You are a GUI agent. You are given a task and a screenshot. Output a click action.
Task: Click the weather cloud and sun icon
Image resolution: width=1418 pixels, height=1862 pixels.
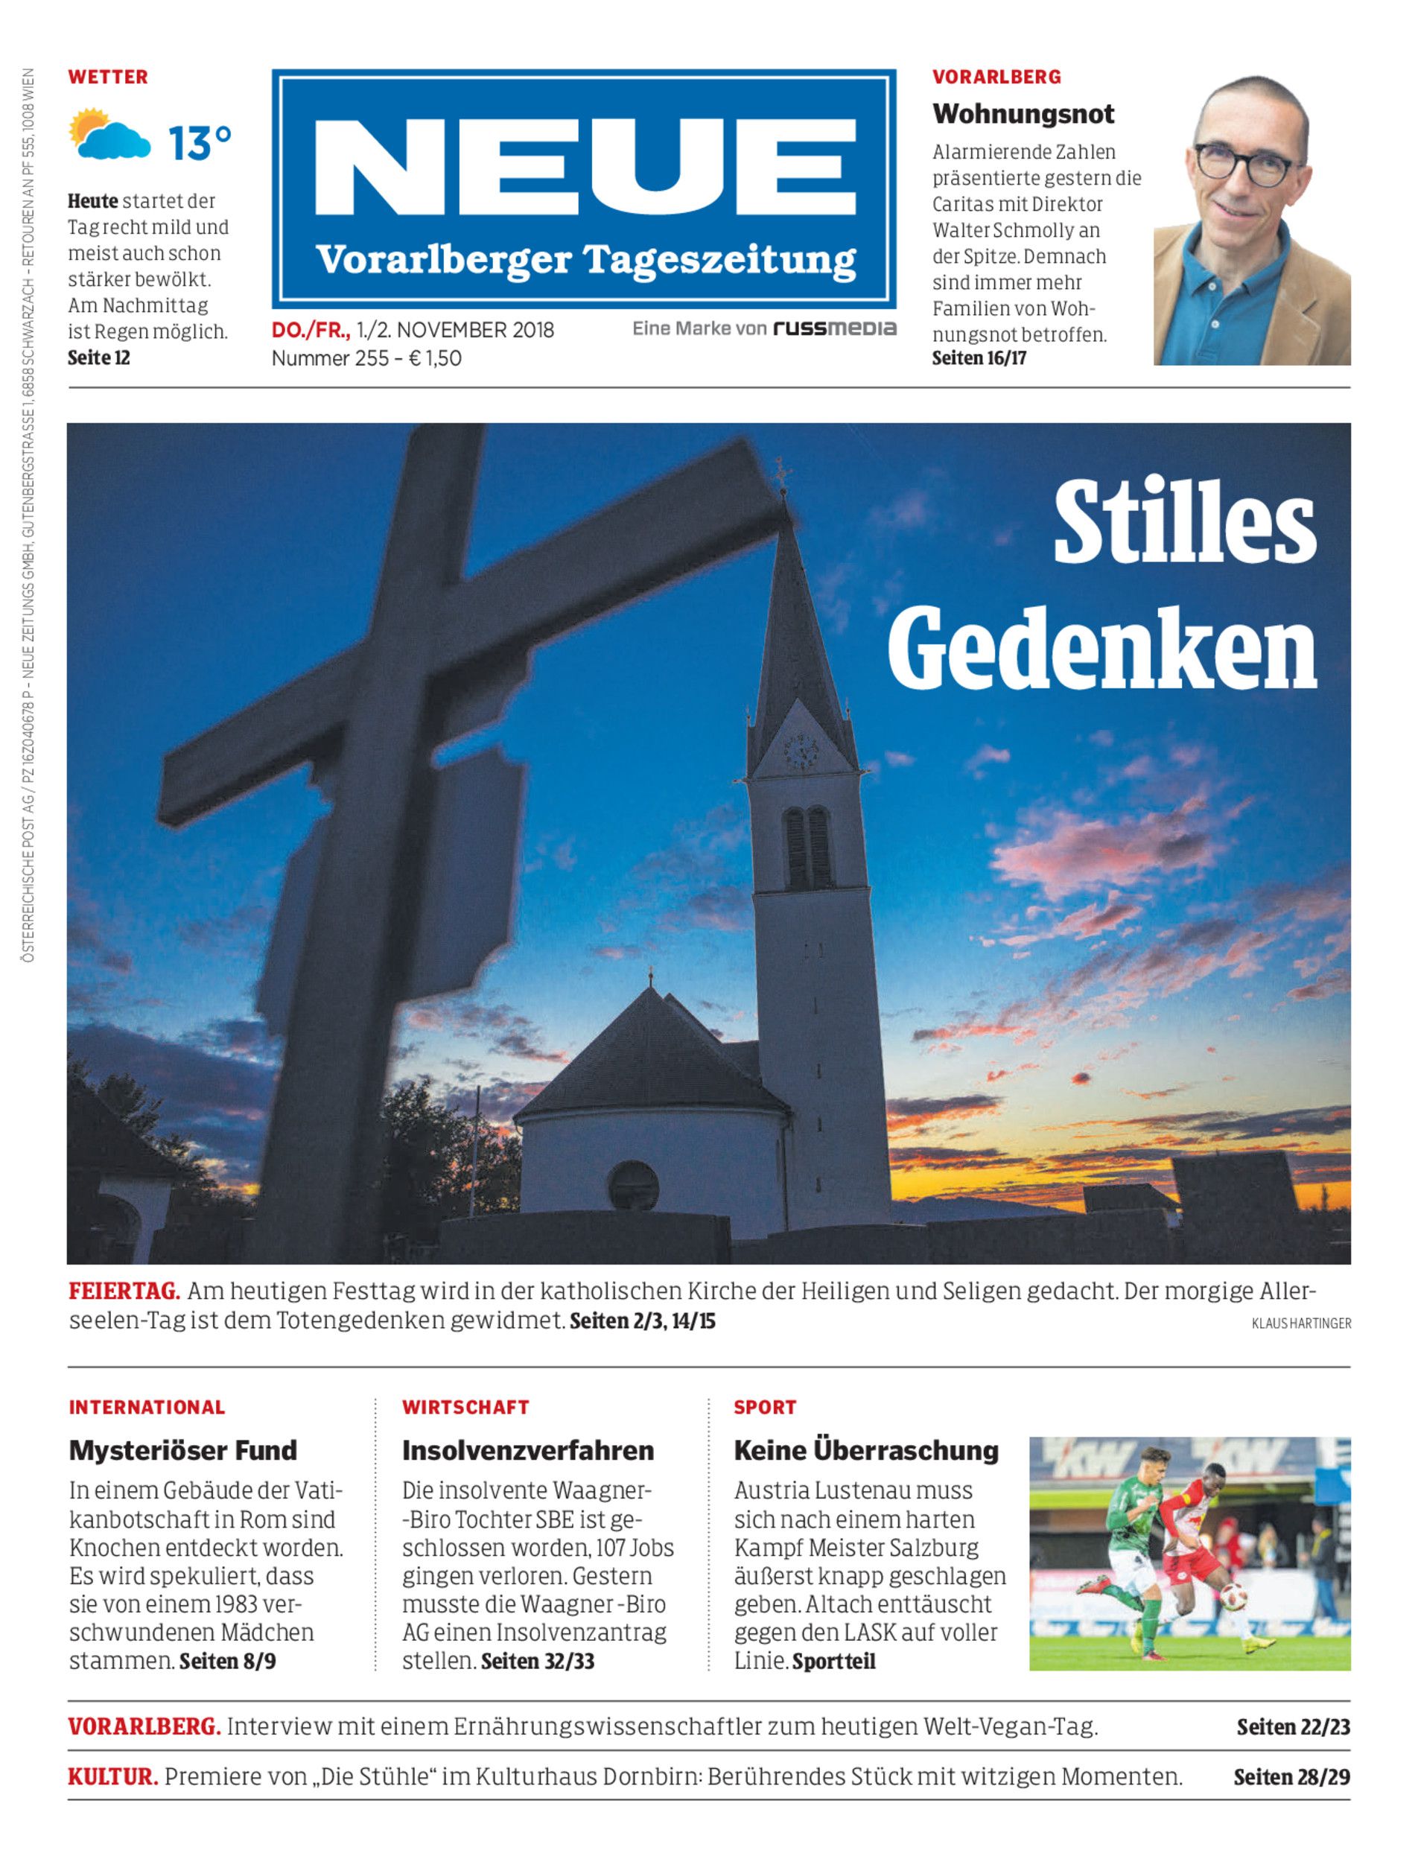coord(108,135)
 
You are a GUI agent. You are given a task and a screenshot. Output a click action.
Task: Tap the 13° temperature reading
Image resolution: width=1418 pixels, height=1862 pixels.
coord(199,143)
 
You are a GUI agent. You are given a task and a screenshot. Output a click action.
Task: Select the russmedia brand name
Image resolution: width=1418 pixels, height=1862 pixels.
coord(835,328)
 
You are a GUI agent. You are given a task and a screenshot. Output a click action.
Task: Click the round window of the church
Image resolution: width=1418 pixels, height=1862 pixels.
coord(632,1184)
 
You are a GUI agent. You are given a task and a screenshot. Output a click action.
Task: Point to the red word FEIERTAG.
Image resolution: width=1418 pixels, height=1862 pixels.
coord(124,1291)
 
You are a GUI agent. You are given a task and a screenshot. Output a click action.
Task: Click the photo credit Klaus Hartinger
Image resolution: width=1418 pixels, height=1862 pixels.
coord(1300,1324)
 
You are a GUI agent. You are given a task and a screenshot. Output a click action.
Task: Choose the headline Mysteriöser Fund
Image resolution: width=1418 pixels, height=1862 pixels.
coord(182,1451)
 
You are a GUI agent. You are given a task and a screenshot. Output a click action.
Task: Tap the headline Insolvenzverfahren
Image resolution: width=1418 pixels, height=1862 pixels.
coord(527,1451)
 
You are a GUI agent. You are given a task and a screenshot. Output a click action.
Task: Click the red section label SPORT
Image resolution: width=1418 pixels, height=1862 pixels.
coord(765,1407)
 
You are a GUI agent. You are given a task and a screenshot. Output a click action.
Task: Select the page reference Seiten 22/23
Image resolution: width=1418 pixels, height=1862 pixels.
coord(1292,1727)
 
